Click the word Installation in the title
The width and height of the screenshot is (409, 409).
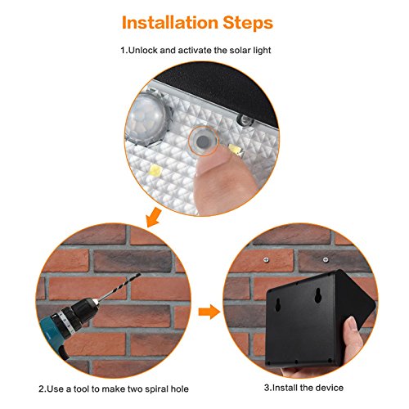(169, 22)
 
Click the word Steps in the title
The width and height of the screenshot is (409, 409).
(248, 23)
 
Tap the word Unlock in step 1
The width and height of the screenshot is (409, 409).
(142, 50)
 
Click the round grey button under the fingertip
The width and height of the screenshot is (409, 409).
(203, 141)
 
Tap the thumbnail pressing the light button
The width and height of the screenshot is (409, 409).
(209, 163)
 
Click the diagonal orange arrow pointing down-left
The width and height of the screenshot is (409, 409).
(153, 218)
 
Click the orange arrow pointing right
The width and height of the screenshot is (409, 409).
(209, 312)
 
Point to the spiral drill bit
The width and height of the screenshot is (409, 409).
(119, 286)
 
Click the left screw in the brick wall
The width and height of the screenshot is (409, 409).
(266, 259)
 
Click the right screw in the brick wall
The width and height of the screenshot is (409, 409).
(326, 259)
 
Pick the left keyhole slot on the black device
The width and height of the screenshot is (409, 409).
(278, 305)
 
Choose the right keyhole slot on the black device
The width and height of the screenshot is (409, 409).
(318, 297)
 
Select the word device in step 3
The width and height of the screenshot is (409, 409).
(330, 388)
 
